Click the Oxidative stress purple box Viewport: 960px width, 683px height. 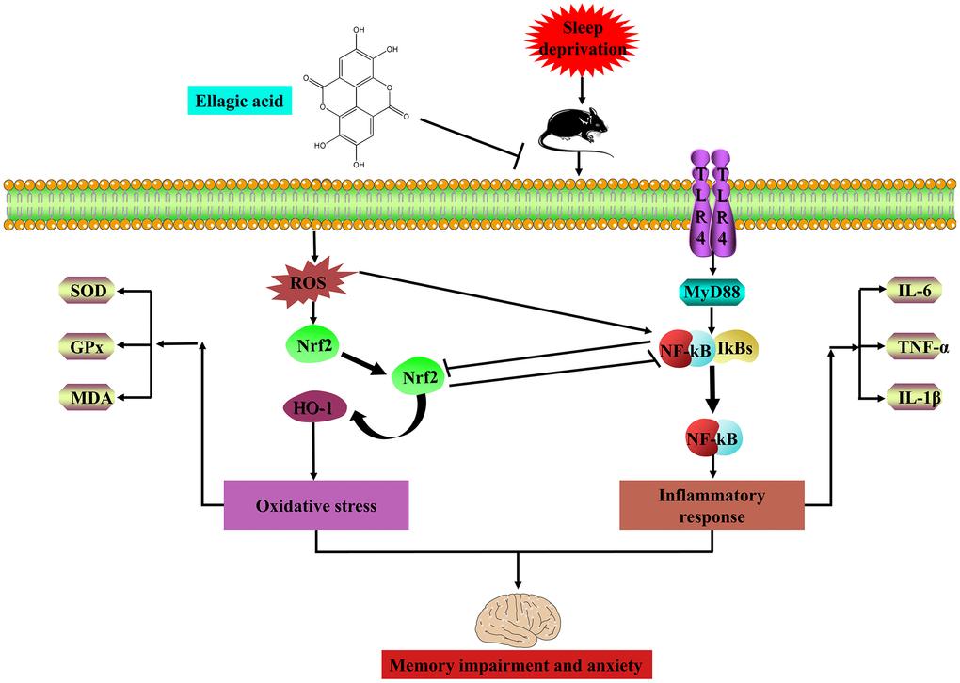(x=315, y=506)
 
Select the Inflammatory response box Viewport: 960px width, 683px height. (x=712, y=505)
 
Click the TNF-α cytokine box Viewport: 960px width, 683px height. (x=909, y=347)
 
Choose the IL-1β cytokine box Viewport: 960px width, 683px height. (x=909, y=399)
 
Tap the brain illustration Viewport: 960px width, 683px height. (x=517, y=617)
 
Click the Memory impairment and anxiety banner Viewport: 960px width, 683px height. (x=517, y=666)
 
